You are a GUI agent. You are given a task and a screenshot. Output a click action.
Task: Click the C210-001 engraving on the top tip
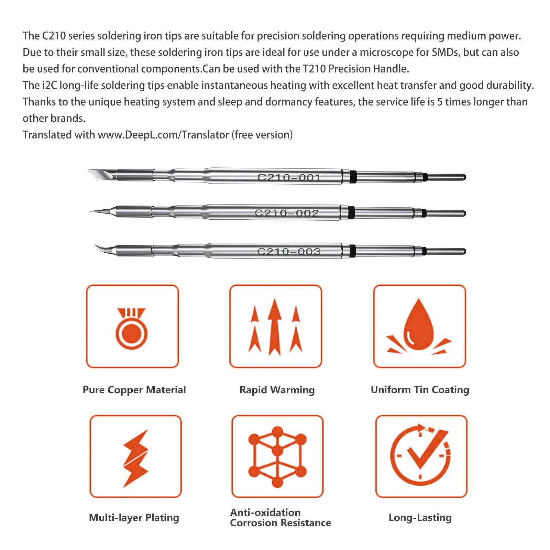coord(289,178)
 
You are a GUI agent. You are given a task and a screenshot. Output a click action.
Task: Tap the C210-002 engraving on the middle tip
coord(287,213)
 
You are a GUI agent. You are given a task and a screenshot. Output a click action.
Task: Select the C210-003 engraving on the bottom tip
coord(289,252)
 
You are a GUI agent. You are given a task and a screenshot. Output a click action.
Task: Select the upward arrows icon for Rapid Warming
coord(275,327)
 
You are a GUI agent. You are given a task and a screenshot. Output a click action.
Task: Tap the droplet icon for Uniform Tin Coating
coord(419,327)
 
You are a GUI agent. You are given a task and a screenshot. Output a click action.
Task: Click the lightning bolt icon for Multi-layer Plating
coord(136,458)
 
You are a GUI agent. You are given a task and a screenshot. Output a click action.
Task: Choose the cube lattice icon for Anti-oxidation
coord(277,457)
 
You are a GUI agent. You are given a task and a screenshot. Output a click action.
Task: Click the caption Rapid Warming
coord(277,390)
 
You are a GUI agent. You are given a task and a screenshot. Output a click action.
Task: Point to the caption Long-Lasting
coord(420,517)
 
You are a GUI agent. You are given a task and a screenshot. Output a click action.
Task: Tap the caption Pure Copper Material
coord(134,390)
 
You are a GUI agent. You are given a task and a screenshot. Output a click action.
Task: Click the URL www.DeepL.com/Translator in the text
coord(163,135)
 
